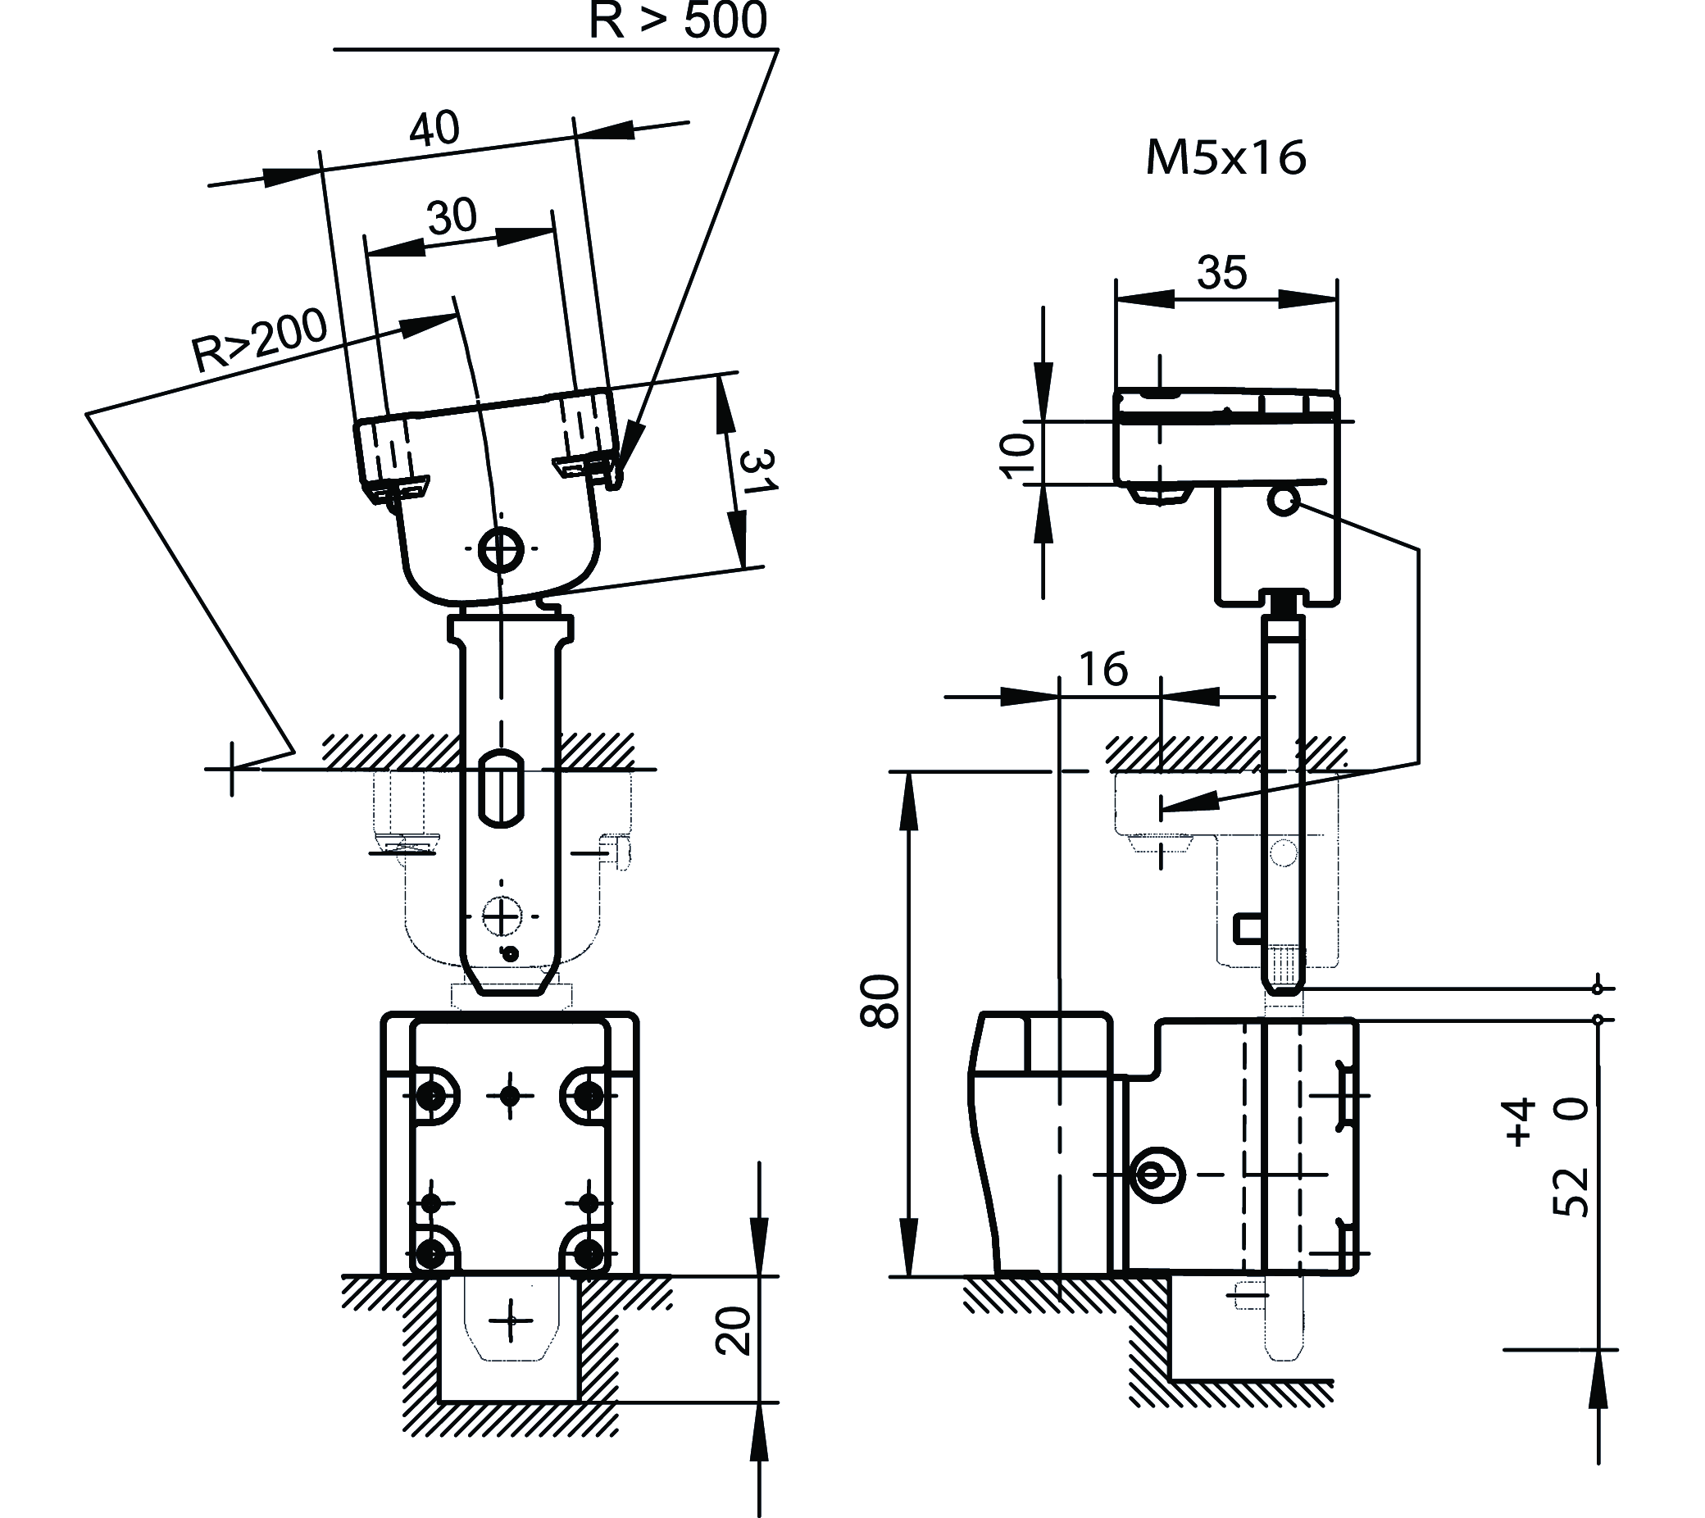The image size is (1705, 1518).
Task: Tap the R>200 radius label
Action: tap(259, 341)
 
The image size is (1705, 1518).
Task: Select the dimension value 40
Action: tap(434, 129)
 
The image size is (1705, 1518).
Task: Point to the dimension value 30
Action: tap(452, 217)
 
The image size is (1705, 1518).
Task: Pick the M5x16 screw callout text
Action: tap(1225, 157)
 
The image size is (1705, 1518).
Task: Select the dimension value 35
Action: tap(1222, 272)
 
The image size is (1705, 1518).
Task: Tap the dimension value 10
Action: tap(1016, 457)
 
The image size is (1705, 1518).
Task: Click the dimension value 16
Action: tap(1103, 668)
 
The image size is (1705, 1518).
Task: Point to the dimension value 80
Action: tap(881, 1001)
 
